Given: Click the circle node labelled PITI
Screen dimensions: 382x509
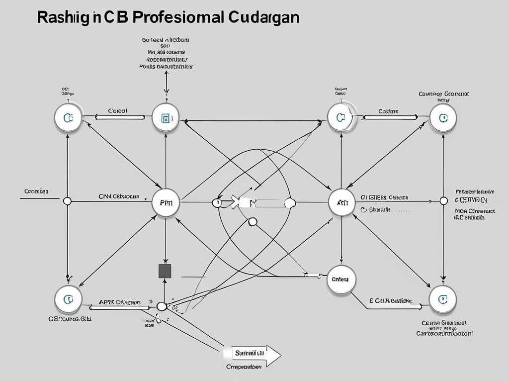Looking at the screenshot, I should pos(166,202).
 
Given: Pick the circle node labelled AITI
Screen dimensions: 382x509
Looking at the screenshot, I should pos(342,202).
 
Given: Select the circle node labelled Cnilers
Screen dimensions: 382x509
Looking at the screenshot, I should pos(340,279).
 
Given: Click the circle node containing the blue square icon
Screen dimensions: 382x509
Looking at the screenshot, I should pos(166,118).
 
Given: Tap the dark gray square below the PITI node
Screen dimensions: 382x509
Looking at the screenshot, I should pos(165,271).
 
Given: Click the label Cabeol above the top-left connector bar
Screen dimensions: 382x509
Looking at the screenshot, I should pos(118,110).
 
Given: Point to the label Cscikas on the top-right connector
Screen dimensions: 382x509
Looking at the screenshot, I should pos(388,111).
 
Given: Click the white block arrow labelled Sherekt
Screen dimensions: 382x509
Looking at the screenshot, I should pos(251,354).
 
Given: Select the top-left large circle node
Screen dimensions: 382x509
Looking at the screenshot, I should pos(68,118).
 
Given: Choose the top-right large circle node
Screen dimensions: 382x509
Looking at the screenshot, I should pos(442,118).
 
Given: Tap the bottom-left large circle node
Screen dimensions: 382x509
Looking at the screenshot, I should pos(68,299).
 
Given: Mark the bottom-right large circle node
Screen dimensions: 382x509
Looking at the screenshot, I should pos(442,299).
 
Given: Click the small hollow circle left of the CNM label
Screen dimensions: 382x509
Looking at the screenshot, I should pos(68,201).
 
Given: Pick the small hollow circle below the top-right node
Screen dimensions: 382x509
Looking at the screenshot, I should pos(443,201).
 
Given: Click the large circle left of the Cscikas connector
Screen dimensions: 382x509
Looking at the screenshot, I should pos(341,117).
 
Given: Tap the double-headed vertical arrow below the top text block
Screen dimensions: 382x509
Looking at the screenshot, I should pos(166,82).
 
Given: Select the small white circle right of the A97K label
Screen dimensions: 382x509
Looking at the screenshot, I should pos(161,306).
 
